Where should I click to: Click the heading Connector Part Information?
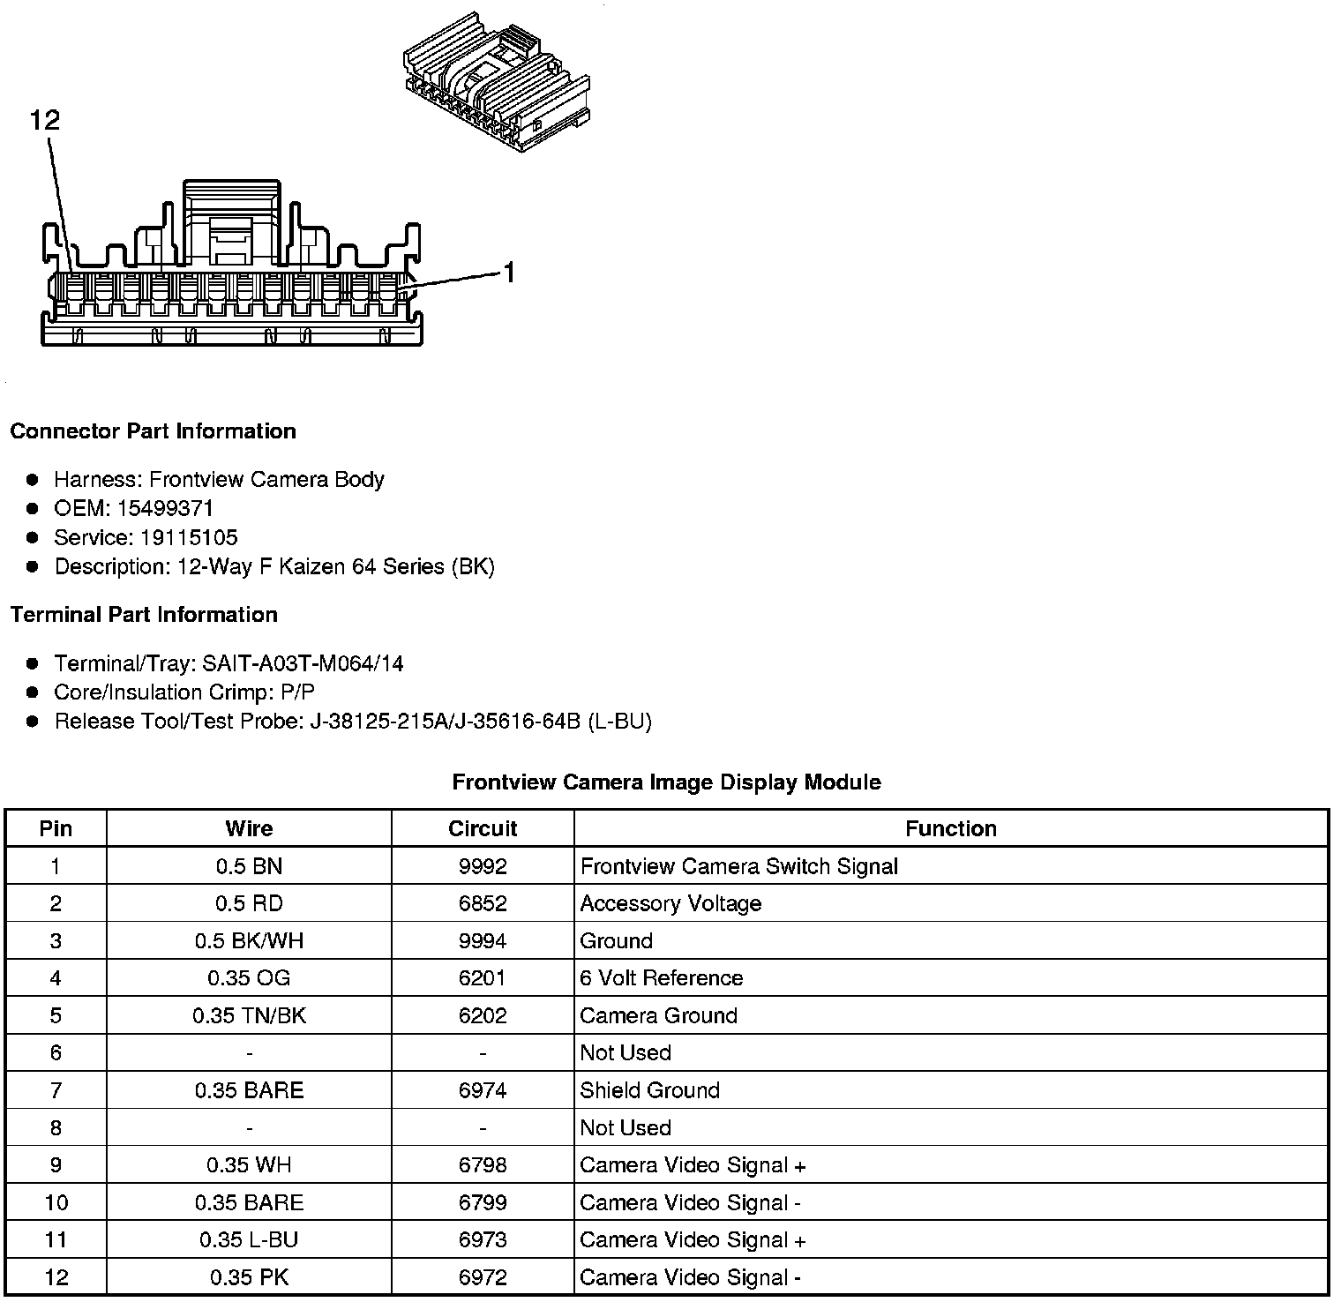coord(153,431)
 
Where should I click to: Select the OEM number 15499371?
coord(165,508)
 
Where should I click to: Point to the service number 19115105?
coord(189,537)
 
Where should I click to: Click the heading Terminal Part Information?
coord(144,615)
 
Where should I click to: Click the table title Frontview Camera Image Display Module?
coord(666,782)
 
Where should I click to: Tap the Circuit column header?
coord(483,828)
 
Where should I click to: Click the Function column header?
coord(950,828)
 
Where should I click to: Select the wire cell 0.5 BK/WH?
coord(249,941)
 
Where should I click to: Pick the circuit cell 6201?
coord(483,978)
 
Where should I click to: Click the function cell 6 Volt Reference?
coord(662,978)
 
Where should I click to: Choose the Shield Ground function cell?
coord(650,1090)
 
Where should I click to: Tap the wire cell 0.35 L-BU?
coord(249,1240)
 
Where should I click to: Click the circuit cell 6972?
coord(483,1277)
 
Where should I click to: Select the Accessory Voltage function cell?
coord(670,903)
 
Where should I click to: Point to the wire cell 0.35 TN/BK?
coord(249,1015)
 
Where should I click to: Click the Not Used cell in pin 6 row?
coord(626,1053)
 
